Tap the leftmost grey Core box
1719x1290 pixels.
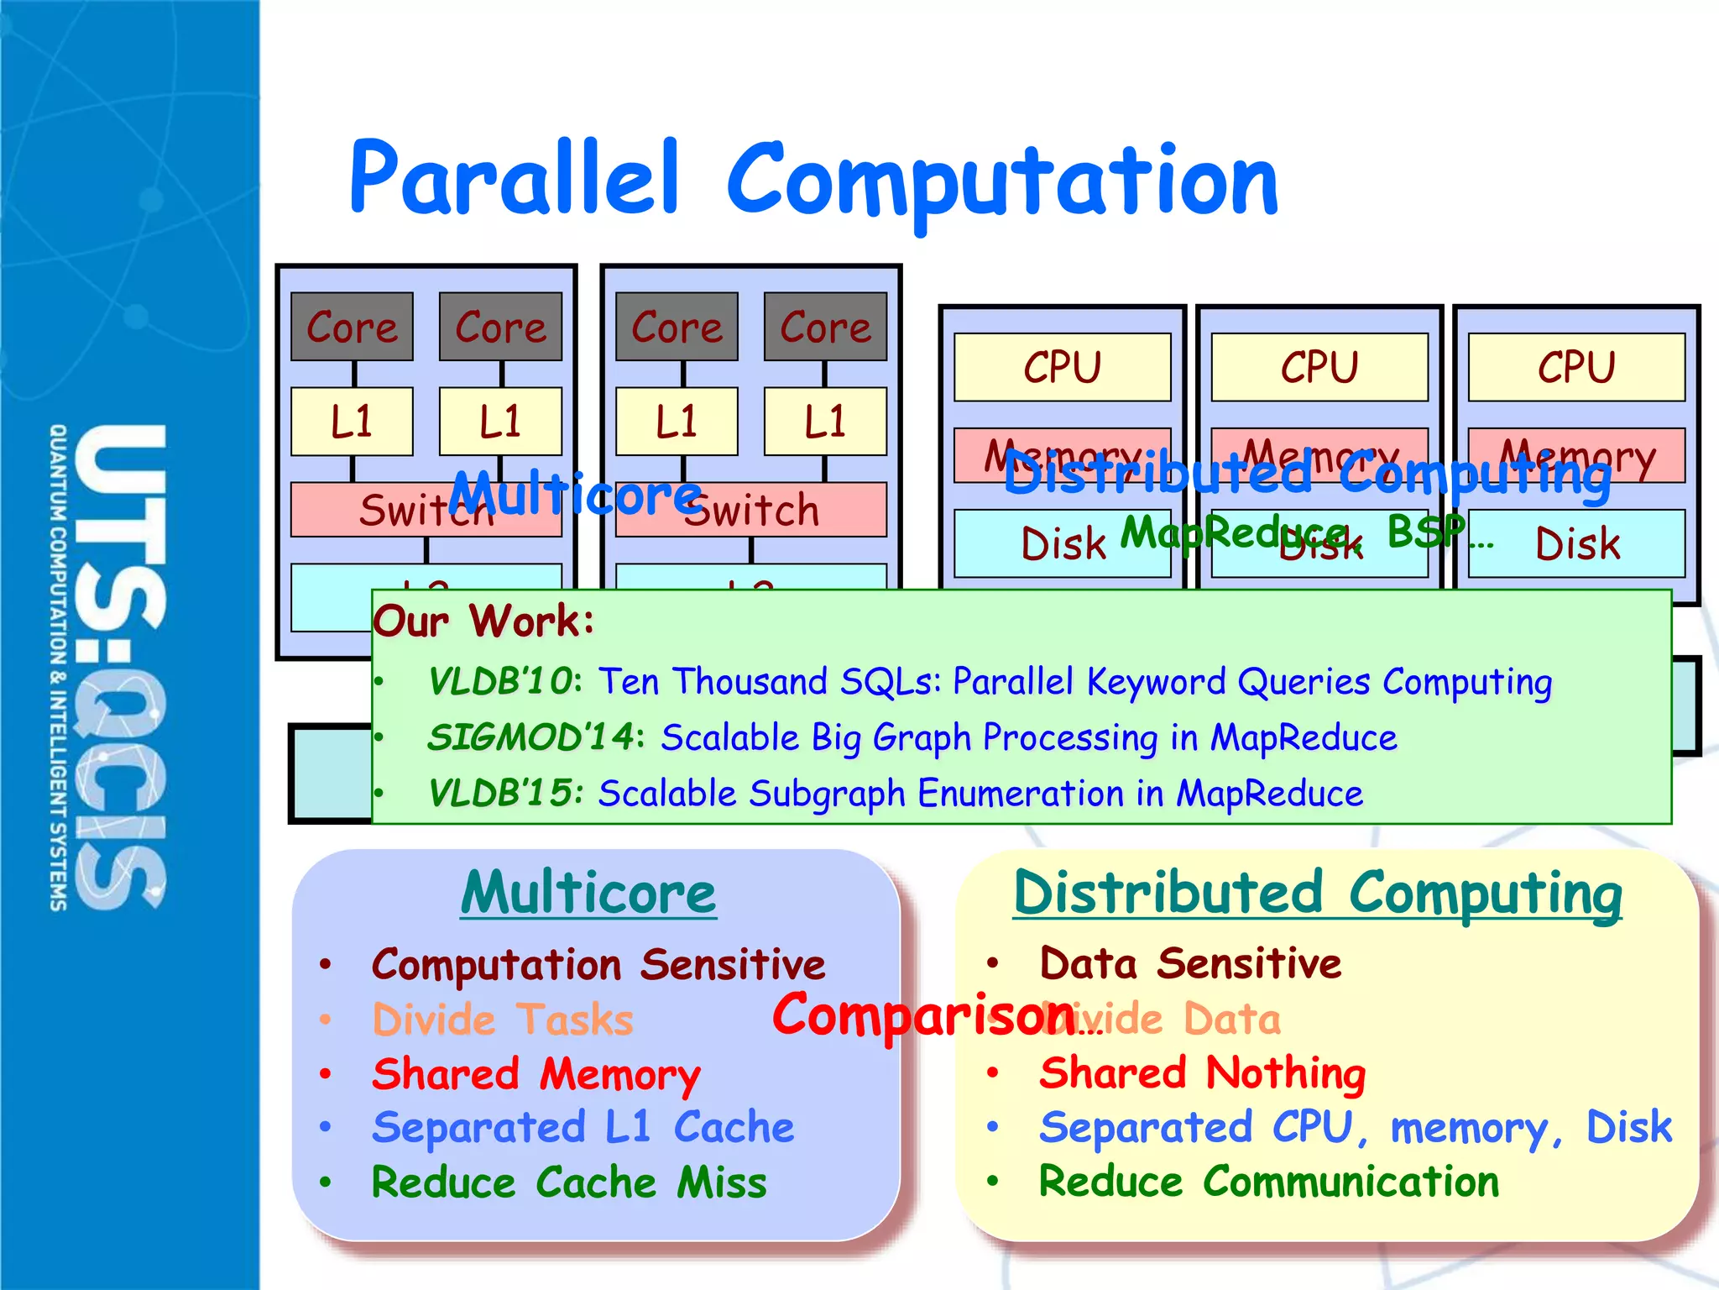coord(352,327)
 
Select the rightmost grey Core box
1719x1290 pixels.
coord(825,327)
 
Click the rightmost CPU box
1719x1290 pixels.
coord(1575,367)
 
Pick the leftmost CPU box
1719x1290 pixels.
coord(1062,367)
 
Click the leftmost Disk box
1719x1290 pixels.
coord(1062,544)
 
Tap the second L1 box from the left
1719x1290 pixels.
coord(500,421)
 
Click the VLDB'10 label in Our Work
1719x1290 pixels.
coord(502,681)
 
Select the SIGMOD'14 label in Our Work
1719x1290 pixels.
coord(531,737)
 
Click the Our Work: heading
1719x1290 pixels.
coord(483,621)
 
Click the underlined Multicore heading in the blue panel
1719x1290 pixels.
coord(588,893)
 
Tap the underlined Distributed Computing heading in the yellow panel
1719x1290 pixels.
coord(1317,893)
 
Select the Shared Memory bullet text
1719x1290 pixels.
coord(536,1074)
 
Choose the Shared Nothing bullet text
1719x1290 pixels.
coord(1202,1073)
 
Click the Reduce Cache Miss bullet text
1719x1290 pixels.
coord(568,1182)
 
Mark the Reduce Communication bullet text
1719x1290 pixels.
coord(1268,1182)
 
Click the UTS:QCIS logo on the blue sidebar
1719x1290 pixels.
coord(118,668)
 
